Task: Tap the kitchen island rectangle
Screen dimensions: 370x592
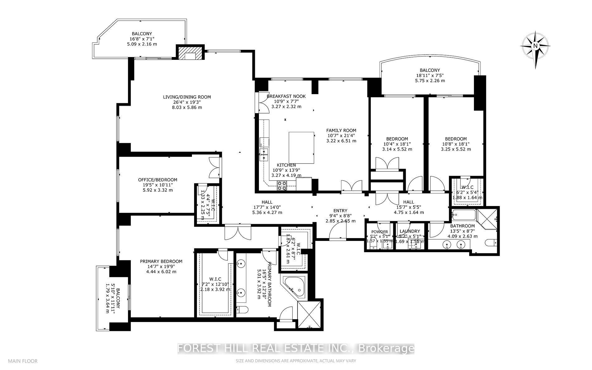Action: pyautogui.click(x=301, y=147)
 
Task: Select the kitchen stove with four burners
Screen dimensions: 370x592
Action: pyautogui.click(x=282, y=186)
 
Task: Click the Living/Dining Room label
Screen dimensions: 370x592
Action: pyautogui.click(x=187, y=97)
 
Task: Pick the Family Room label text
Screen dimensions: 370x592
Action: pyautogui.click(x=341, y=130)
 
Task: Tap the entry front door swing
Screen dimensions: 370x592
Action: pyautogui.click(x=338, y=231)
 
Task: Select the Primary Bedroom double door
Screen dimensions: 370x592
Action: pyautogui.click(x=238, y=232)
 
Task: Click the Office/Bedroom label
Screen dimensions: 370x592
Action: pyautogui.click(x=158, y=180)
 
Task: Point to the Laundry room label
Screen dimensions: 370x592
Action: pyautogui.click(x=410, y=231)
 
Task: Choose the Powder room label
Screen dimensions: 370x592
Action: pyautogui.click(x=380, y=232)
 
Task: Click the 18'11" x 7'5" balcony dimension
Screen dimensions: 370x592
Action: pyautogui.click(x=430, y=75)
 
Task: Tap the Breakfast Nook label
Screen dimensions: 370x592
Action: pyautogui.click(x=286, y=96)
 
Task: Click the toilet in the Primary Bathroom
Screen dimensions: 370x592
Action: pyautogui.click(x=242, y=310)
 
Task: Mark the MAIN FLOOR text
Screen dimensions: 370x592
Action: pyautogui.click(x=23, y=361)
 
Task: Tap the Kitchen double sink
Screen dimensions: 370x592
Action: pyautogui.click(x=264, y=154)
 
